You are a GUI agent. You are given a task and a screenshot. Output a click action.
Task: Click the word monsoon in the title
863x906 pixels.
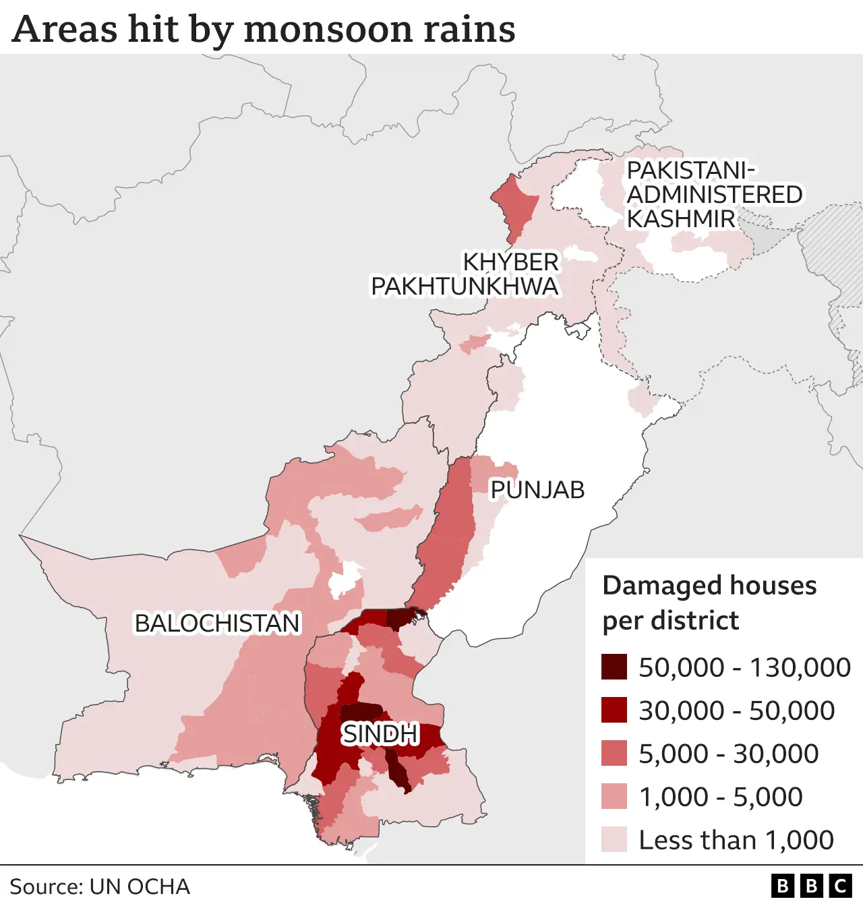point(329,30)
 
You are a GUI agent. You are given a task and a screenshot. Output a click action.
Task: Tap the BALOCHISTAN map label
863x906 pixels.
point(217,624)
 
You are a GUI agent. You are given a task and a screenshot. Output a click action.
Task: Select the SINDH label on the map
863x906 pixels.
point(380,733)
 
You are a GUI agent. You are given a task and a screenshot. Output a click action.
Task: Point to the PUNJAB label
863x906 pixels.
point(537,490)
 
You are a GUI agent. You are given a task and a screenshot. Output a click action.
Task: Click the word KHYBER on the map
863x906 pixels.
point(510,262)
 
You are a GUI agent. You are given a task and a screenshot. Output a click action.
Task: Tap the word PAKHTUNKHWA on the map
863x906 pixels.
point(465,286)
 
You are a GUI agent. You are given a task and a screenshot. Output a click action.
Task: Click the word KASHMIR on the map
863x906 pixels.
point(681,219)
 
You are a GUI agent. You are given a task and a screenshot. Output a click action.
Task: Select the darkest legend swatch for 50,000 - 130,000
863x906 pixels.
point(614,667)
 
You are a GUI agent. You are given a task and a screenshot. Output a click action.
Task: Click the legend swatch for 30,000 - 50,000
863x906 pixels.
point(614,710)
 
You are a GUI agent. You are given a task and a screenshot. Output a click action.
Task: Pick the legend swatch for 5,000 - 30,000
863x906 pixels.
point(614,753)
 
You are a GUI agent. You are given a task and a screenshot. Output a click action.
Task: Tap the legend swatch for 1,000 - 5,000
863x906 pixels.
point(614,796)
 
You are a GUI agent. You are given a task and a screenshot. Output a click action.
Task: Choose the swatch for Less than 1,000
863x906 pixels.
point(614,839)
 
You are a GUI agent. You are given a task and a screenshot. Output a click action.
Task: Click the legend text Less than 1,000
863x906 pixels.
point(736,841)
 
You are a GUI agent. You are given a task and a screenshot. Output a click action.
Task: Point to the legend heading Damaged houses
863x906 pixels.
point(709,585)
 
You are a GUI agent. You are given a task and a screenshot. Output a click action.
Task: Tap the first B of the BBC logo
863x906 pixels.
point(783,886)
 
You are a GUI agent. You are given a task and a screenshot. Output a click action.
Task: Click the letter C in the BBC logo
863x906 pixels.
point(841,886)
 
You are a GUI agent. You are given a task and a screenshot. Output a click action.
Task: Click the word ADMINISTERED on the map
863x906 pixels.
point(715,195)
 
